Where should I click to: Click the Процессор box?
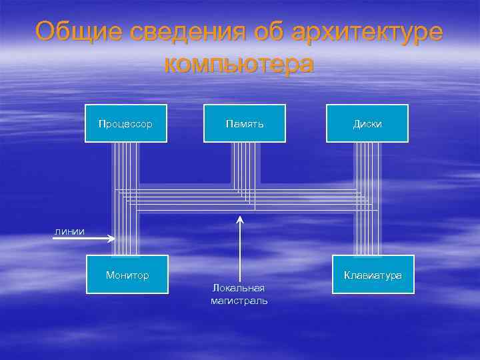(126, 123)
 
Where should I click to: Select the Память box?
(245, 123)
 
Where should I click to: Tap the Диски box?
(367, 123)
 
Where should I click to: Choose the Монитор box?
(127, 275)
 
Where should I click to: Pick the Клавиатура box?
(373, 275)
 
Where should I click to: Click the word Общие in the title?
(74, 31)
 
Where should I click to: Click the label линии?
(69, 231)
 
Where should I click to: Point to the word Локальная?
(239, 287)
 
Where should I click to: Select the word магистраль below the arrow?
(239, 301)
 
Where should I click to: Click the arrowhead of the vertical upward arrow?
(240, 218)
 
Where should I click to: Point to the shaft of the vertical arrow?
(240, 253)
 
